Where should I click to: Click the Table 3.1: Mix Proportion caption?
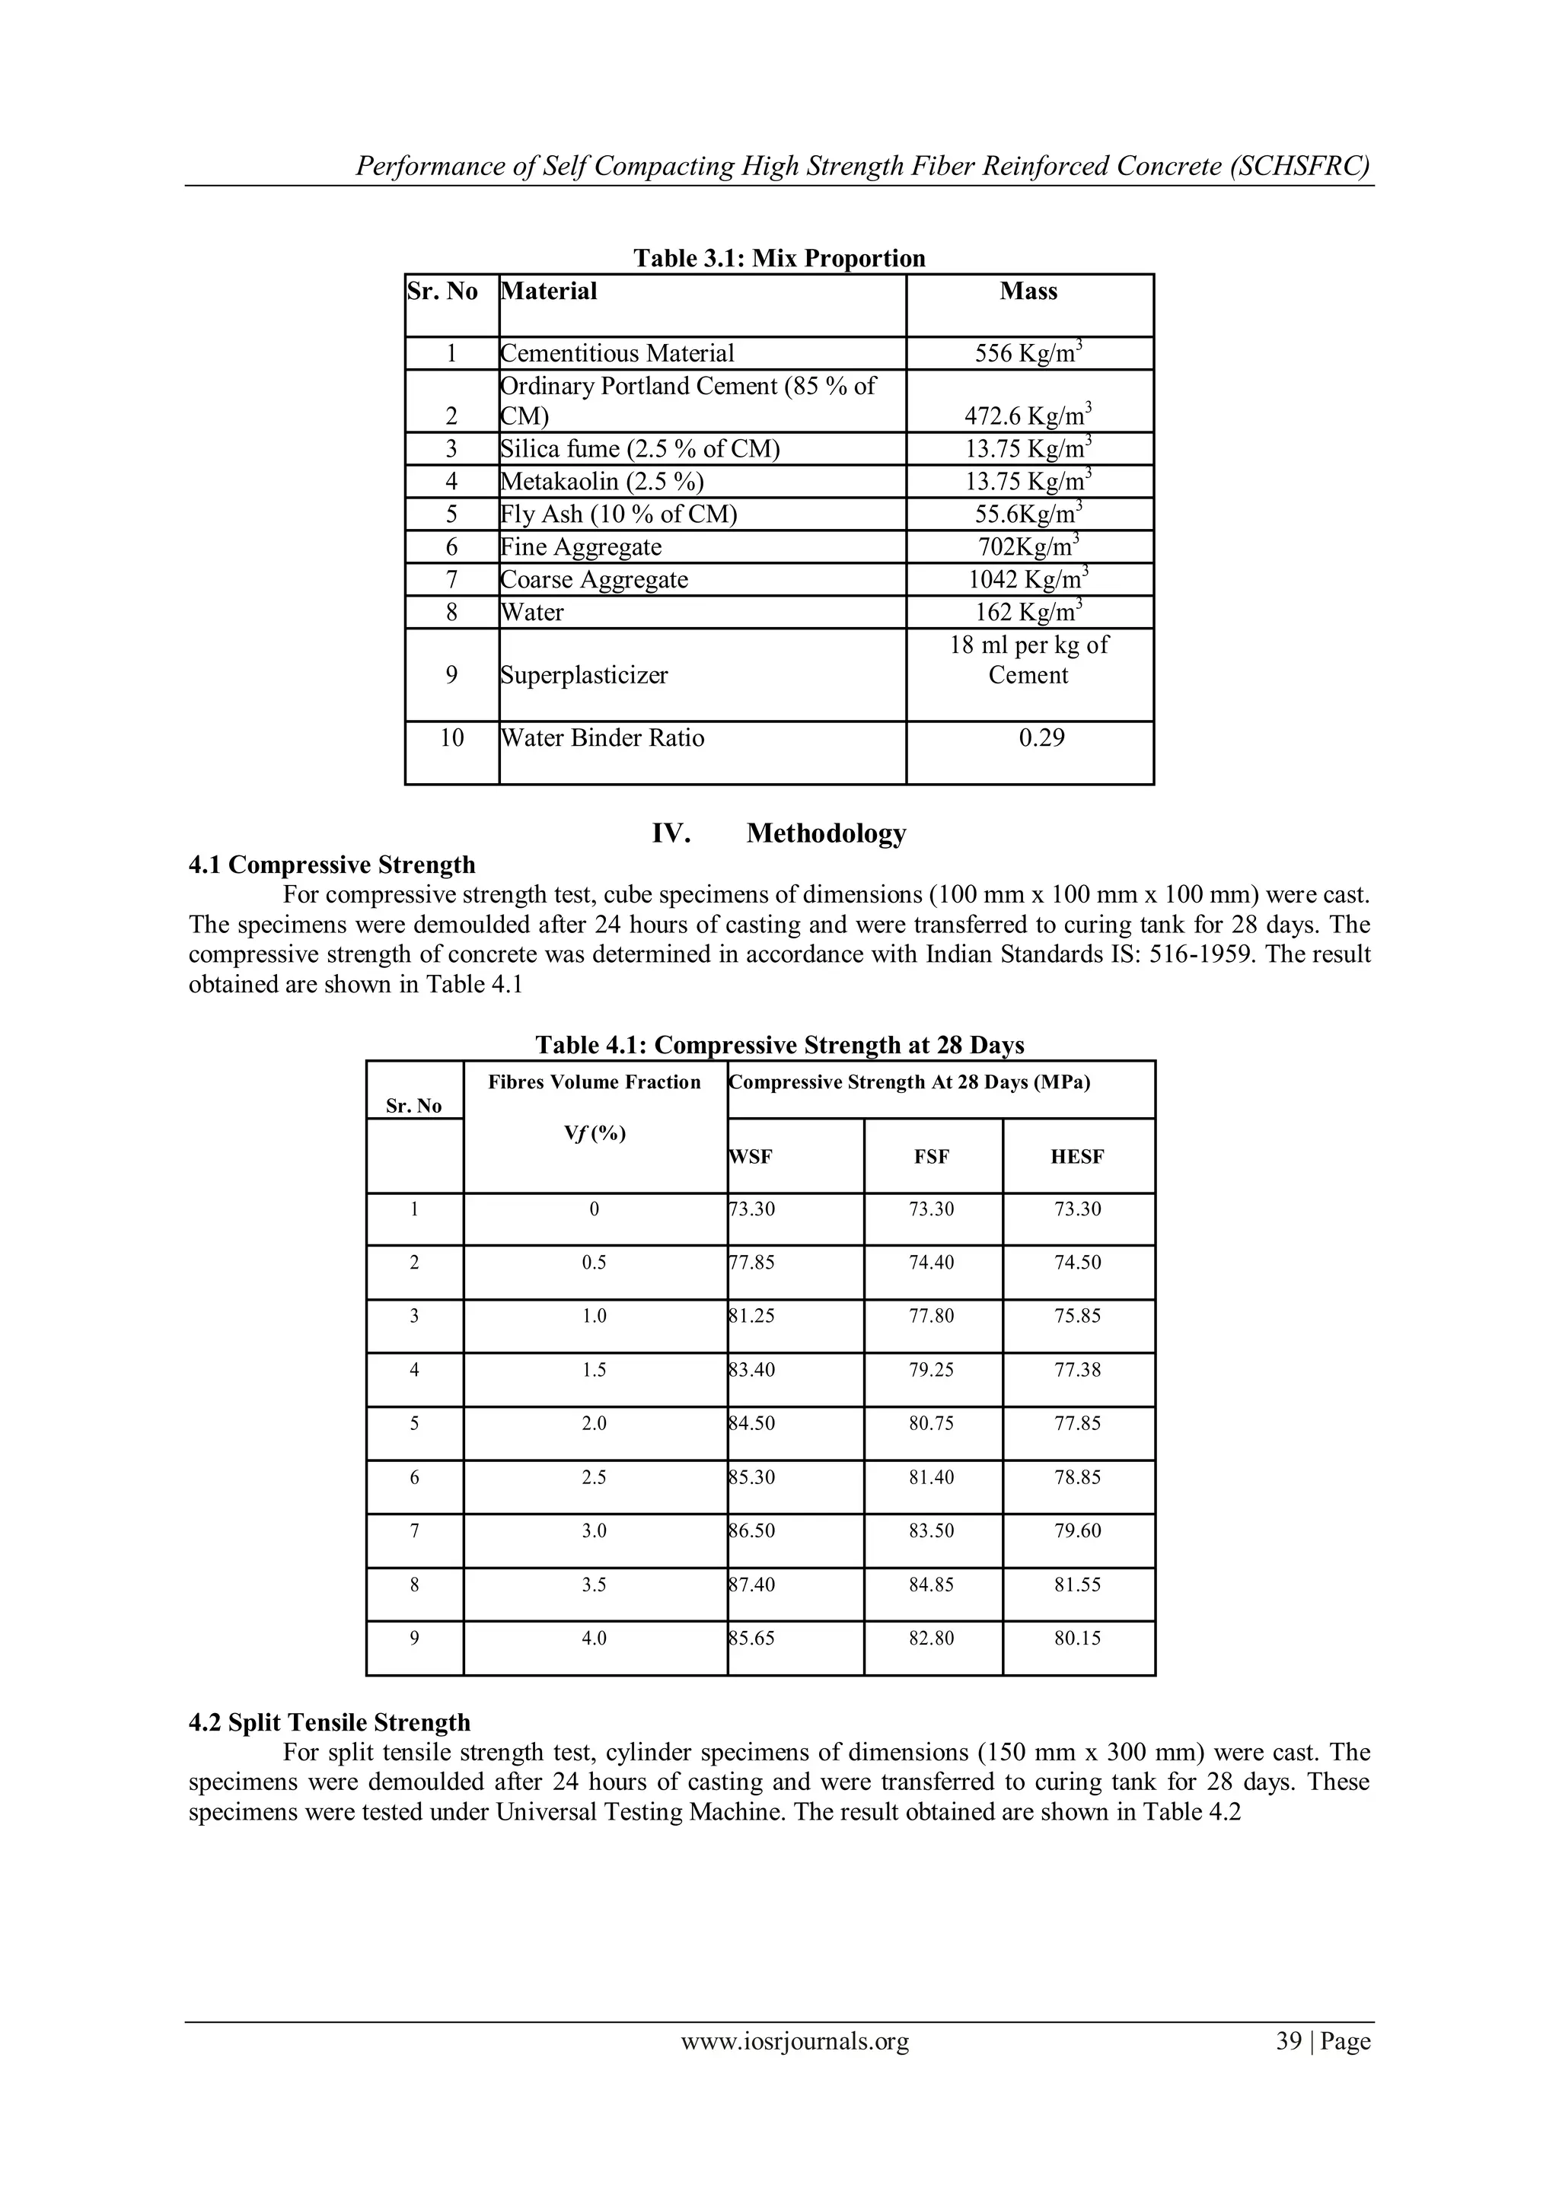coord(779,258)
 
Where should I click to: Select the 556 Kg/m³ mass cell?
coord(1028,353)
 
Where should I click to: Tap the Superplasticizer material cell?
coord(584,675)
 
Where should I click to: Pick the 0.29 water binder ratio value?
coord(1041,737)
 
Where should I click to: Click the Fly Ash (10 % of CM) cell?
coord(618,514)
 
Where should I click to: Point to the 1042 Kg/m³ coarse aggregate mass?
coord(1028,579)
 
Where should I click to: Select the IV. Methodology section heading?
coord(779,833)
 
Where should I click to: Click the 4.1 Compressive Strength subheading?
coord(332,865)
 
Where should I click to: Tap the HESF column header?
coord(1077,1157)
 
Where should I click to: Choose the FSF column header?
coord(931,1157)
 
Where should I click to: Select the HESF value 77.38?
coord(1077,1370)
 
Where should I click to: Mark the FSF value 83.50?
coord(931,1530)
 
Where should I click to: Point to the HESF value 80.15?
coord(1077,1638)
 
